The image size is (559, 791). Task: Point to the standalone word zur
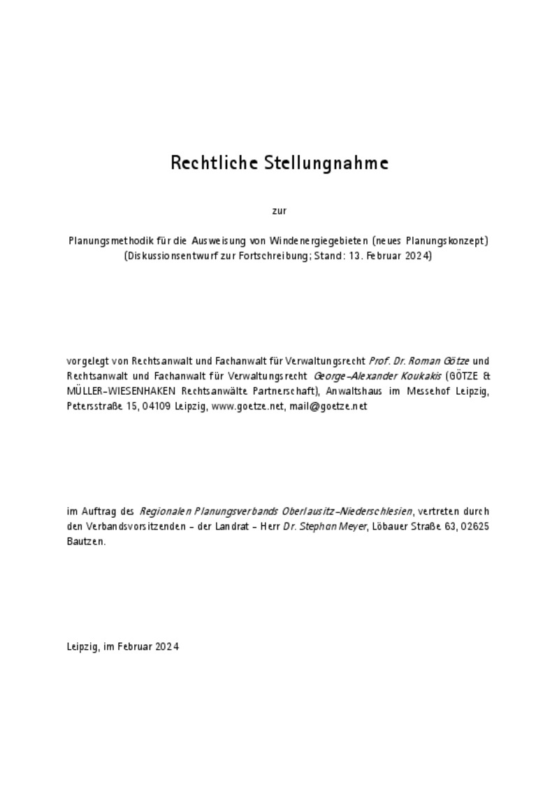tap(279, 210)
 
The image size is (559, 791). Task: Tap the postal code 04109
tap(157, 405)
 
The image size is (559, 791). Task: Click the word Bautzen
tap(86, 541)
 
